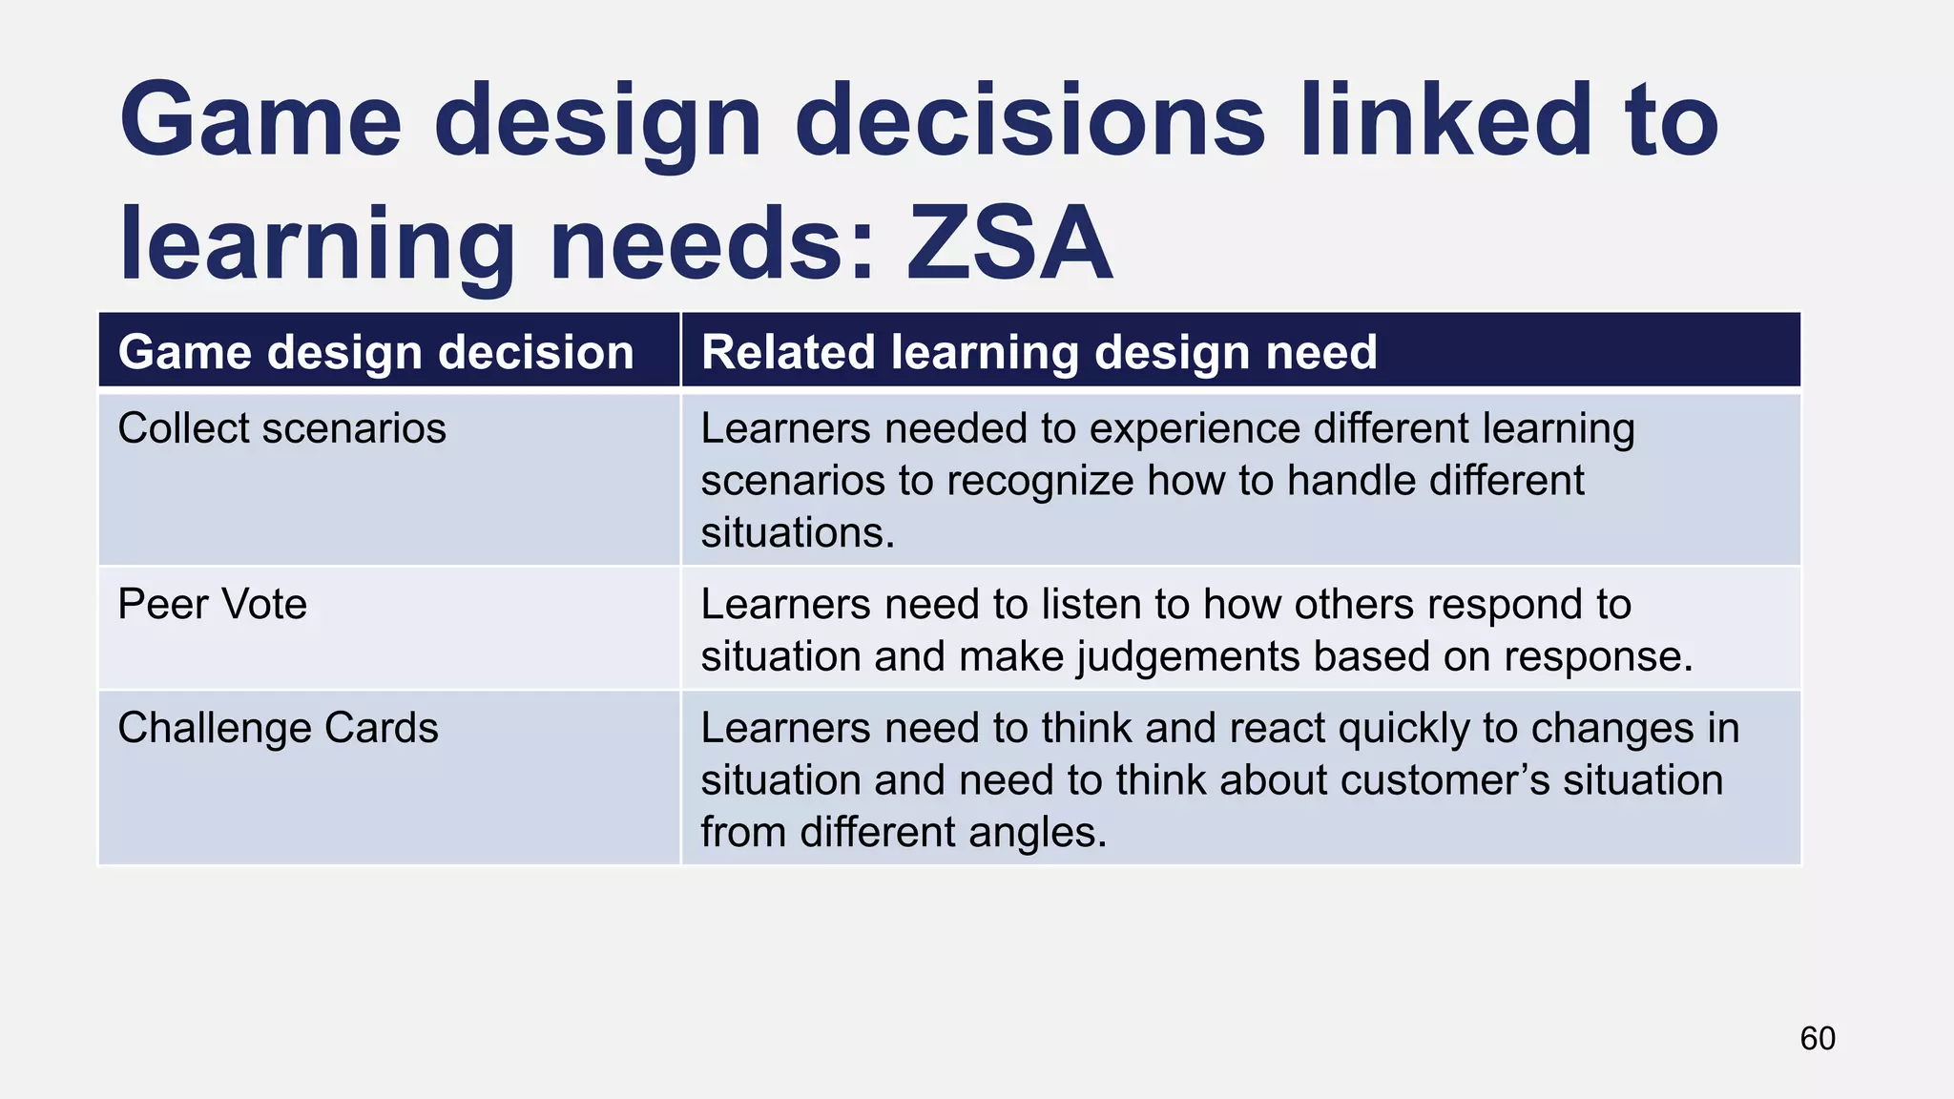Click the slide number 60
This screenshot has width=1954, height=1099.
click(x=1817, y=1038)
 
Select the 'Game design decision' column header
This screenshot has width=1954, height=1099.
click(x=376, y=352)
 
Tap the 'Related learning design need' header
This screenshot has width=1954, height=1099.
click(x=1039, y=352)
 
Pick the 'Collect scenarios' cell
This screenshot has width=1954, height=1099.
click(x=281, y=428)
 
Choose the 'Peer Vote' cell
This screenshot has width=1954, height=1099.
click(x=212, y=604)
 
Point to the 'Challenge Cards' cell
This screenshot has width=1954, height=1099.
click(x=278, y=728)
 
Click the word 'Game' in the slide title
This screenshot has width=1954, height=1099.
click(x=260, y=121)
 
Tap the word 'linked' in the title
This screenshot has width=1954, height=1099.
click(x=1441, y=121)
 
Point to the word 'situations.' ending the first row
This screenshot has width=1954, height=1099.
click(x=798, y=532)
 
